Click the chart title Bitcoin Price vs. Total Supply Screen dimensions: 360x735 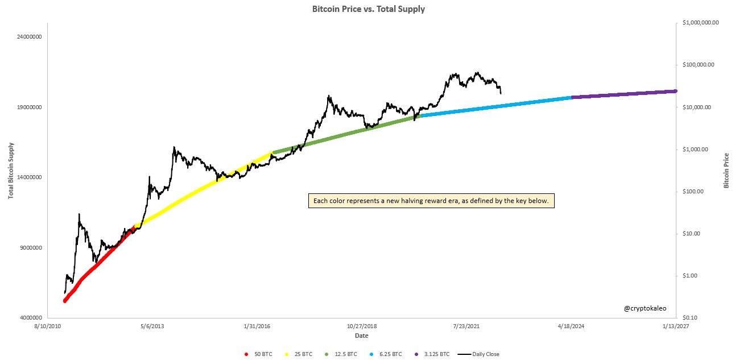pos(368,9)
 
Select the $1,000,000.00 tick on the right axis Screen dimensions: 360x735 pos(701,23)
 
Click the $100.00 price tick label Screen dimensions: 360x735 pos(694,191)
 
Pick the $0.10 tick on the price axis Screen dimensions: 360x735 pos(692,317)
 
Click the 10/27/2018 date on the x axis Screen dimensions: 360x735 pos(362,326)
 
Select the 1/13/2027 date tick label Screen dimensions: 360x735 pos(676,326)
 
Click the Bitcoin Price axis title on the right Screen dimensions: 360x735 pos(726,171)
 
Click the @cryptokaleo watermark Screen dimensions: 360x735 pos(645,308)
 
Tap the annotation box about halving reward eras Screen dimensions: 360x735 pos(431,201)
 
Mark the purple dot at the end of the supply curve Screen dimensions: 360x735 pos(675,91)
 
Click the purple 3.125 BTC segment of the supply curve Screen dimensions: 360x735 pos(623,94)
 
